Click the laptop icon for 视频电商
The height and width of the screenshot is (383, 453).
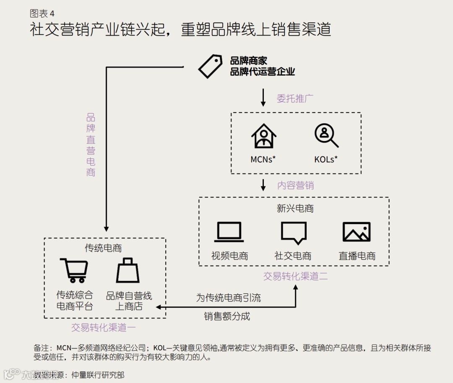pos(229,232)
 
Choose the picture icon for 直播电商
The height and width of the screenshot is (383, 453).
pos(357,232)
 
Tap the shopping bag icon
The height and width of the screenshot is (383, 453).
pos(128,271)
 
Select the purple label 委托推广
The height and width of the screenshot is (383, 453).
pos(295,99)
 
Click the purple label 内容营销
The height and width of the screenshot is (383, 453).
pos(295,185)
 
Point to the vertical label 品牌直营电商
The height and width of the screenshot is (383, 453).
pos(91,145)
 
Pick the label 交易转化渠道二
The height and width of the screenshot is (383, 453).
pos(295,276)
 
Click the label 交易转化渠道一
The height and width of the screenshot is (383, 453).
pos(104,328)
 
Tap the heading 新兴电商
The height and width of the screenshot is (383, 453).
pos(295,208)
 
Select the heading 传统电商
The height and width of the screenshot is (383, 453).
pos(104,248)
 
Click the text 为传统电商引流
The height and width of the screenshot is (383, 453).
pos(228,298)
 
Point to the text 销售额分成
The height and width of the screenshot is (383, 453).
pos(227,316)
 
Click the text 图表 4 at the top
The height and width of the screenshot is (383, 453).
pos(42,14)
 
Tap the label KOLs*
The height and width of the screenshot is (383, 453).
pos(326,159)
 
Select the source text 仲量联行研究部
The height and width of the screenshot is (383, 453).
pos(98,375)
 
